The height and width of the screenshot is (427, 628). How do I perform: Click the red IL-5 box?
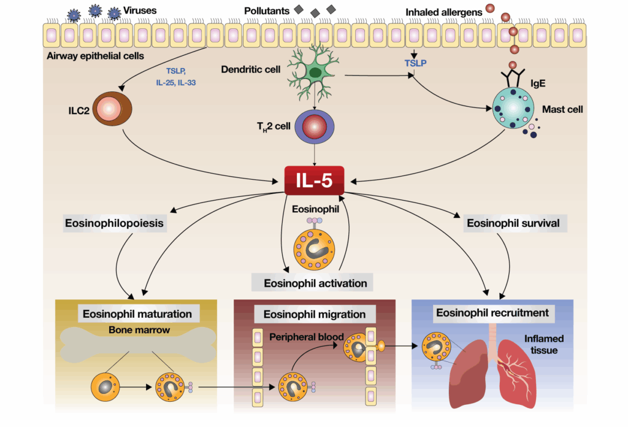pyautogui.click(x=314, y=179)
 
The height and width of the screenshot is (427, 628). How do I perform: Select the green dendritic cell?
pyautogui.click(x=315, y=72)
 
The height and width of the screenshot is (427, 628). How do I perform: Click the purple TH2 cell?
pyautogui.click(x=314, y=128)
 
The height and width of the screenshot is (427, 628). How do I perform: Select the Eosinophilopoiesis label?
pyautogui.click(x=115, y=223)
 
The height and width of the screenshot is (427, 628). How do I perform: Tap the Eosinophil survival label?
pyautogui.click(x=513, y=223)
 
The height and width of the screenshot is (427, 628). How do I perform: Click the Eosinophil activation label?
pyautogui.click(x=315, y=283)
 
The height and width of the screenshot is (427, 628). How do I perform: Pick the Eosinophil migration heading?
pyautogui.click(x=314, y=314)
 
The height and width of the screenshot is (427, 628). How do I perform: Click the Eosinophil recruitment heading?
pyautogui.click(x=492, y=313)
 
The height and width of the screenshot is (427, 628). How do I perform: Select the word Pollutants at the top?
pyautogui.click(x=267, y=11)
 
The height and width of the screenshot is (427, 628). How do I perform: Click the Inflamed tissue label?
pyautogui.click(x=543, y=344)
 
